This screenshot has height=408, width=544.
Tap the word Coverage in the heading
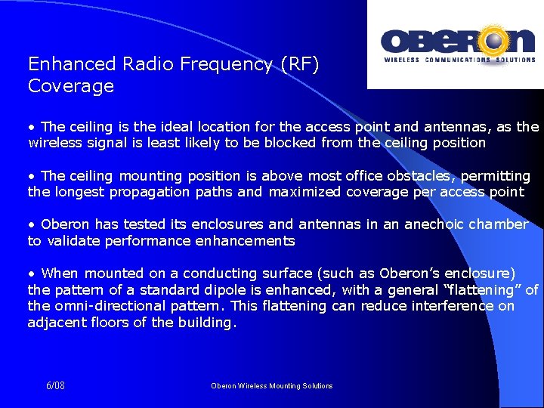point(71,86)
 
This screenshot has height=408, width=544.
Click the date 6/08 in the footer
point(55,385)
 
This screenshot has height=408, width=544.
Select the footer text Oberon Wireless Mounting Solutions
point(271,386)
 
